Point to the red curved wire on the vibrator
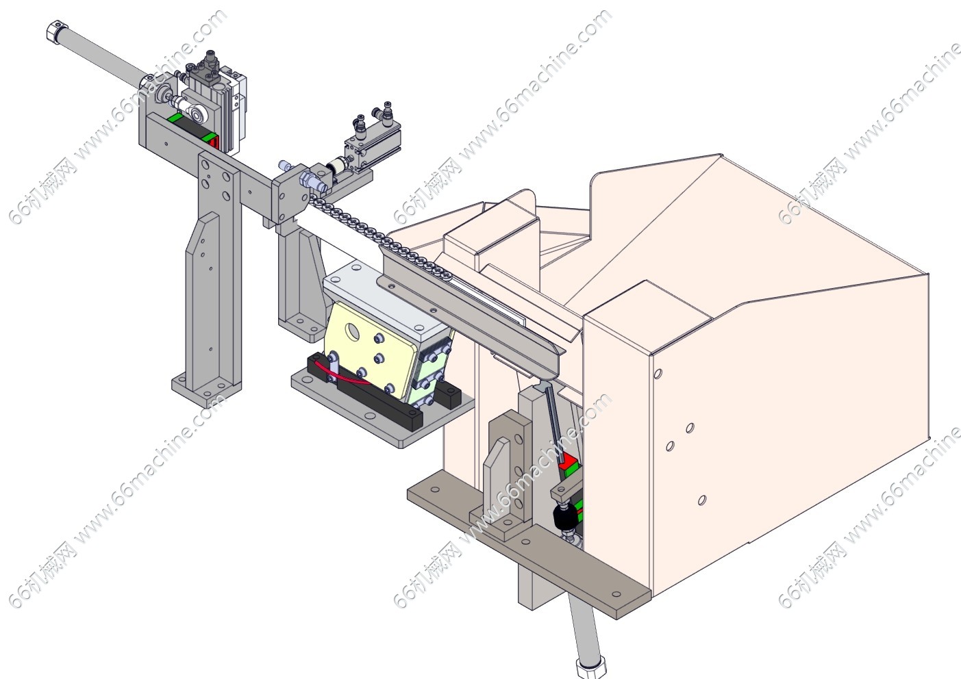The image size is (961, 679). point(340,374)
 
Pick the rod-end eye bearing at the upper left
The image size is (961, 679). point(198,113)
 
